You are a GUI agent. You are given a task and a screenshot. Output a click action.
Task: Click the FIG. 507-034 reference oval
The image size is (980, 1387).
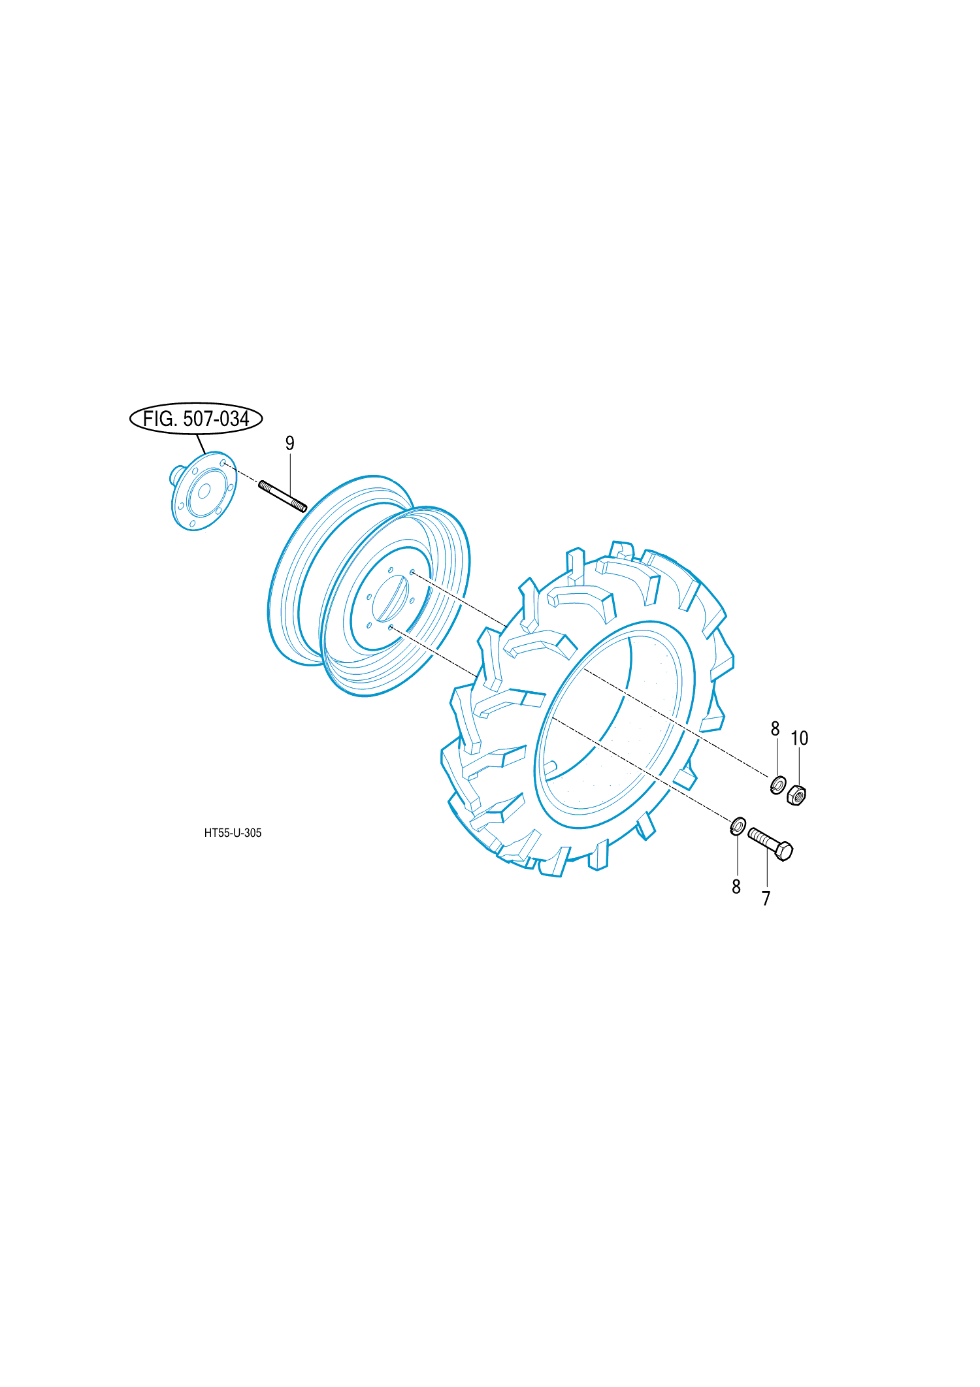coord(196,418)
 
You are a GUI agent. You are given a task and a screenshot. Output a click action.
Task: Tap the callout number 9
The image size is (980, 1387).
coord(290,444)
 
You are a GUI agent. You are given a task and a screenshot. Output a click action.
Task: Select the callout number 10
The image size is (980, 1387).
coord(800,738)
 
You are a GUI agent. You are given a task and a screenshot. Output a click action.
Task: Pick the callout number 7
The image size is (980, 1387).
coord(766,899)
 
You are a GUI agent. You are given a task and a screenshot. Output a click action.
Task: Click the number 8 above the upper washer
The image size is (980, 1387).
coord(776,728)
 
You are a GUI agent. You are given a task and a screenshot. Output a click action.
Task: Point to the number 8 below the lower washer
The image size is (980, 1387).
coord(736,887)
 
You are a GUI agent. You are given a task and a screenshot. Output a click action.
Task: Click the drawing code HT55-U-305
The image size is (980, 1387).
coord(233,833)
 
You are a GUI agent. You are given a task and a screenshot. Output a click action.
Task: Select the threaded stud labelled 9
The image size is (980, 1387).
coord(283,497)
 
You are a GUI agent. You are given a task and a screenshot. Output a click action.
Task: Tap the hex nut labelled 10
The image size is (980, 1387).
coord(796,794)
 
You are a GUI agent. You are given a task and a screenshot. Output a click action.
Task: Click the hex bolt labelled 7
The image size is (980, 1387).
coord(771,844)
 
